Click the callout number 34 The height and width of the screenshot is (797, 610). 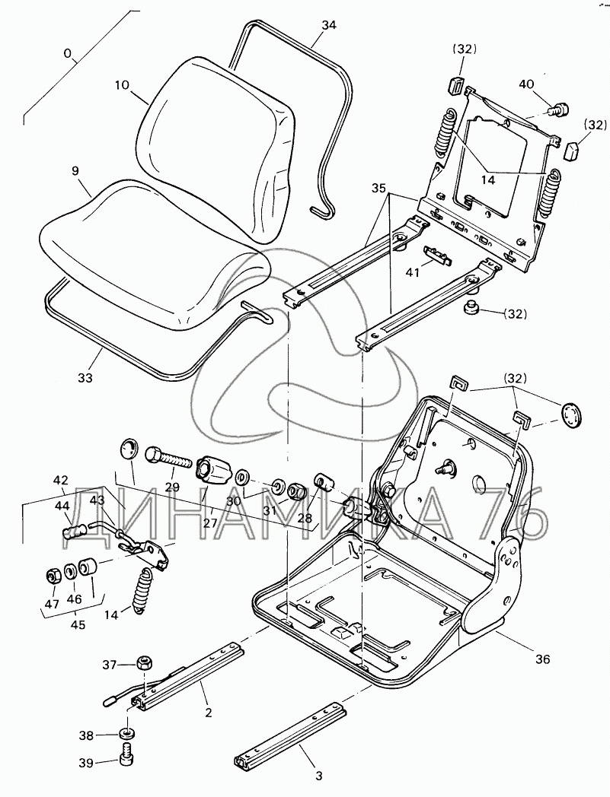328,25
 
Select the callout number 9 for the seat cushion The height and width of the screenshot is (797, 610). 75,173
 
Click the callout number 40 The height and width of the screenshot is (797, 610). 527,84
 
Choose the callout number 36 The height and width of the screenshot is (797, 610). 541,659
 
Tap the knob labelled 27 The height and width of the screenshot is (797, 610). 212,467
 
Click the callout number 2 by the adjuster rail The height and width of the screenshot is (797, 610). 208,713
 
